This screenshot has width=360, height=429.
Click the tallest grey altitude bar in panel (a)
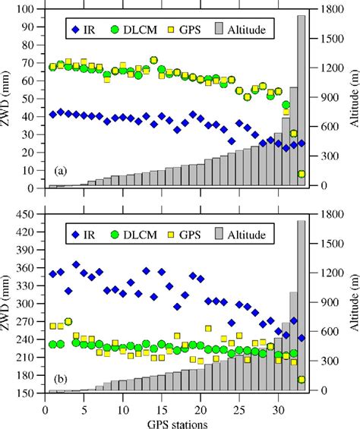click(x=302, y=99)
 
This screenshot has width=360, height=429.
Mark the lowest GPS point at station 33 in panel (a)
click(x=302, y=174)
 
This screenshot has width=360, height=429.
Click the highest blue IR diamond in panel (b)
click(x=76, y=265)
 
